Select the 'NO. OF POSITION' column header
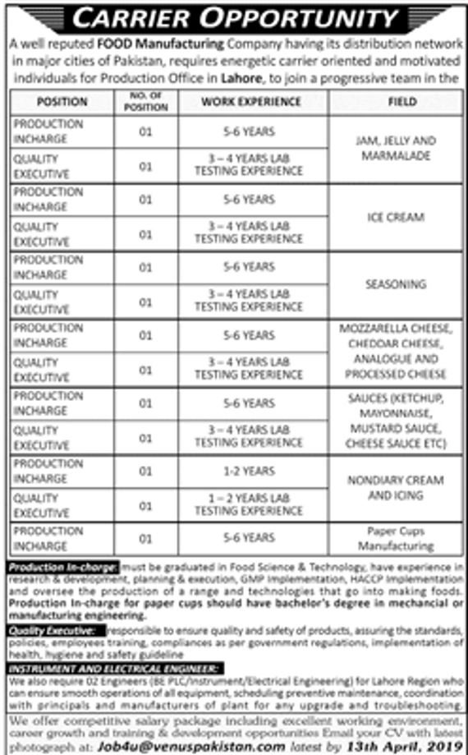click(146, 102)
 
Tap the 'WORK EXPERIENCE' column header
click(251, 102)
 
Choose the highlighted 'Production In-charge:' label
click(62, 567)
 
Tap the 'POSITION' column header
click(62, 102)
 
